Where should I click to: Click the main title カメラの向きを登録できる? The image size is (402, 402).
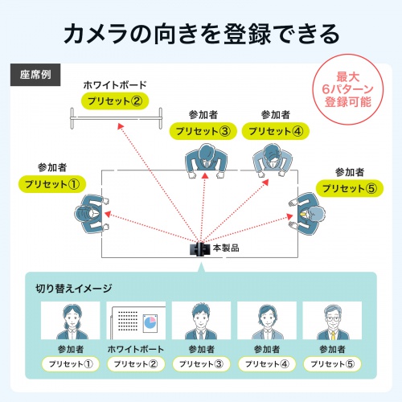[x=201, y=35]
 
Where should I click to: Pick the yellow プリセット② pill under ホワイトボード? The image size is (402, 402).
[x=114, y=101]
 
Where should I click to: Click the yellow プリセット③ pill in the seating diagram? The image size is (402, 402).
[x=205, y=132]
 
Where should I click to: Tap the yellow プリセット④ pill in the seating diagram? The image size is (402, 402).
[x=275, y=132]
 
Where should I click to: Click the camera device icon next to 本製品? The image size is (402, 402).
[x=198, y=249]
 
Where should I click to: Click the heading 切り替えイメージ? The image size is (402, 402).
[x=73, y=288]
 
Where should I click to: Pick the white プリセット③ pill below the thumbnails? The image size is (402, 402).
[x=201, y=364]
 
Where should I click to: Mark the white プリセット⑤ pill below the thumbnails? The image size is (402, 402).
[x=332, y=364]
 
